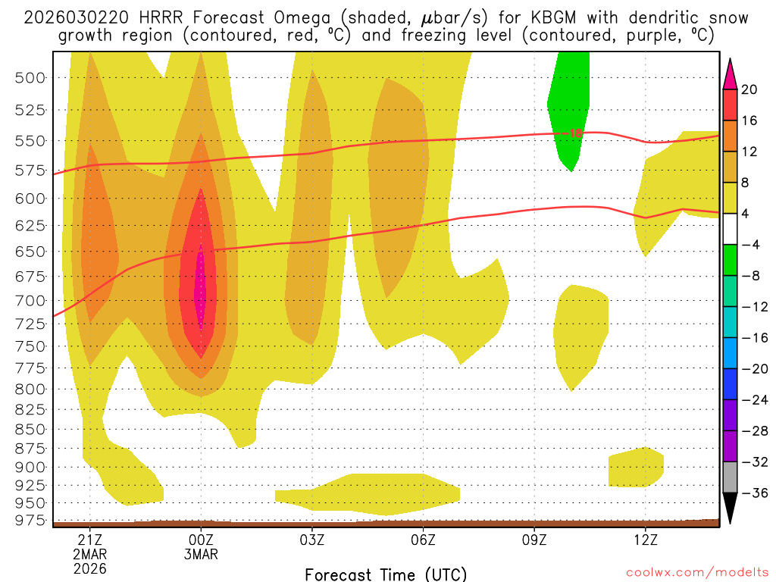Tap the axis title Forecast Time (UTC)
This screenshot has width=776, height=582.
pyautogui.click(x=386, y=574)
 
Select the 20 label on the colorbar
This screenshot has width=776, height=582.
pyautogui.click(x=749, y=89)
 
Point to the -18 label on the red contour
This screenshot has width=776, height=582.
pyautogui.click(x=575, y=133)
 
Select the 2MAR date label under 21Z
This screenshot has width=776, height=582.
pyautogui.click(x=89, y=554)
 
